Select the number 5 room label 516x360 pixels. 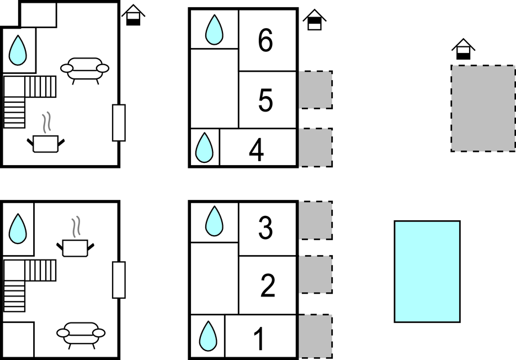[265, 100]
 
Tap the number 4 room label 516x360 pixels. [256, 150]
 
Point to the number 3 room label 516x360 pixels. [265, 228]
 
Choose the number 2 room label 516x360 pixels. [267, 285]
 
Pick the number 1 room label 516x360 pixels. [258, 340]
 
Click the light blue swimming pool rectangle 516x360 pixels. [427, 271]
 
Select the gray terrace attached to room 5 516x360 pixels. [316, 89]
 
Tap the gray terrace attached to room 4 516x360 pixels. [316, 147]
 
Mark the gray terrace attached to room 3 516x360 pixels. [316, 220]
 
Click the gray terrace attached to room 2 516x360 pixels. [316, 274]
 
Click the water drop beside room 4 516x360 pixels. [205, 147]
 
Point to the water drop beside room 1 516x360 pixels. [208, 335]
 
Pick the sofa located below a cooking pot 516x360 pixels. [81, 332]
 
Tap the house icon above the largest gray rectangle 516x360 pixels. [463, 50]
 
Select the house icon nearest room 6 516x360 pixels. [314, 20]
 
